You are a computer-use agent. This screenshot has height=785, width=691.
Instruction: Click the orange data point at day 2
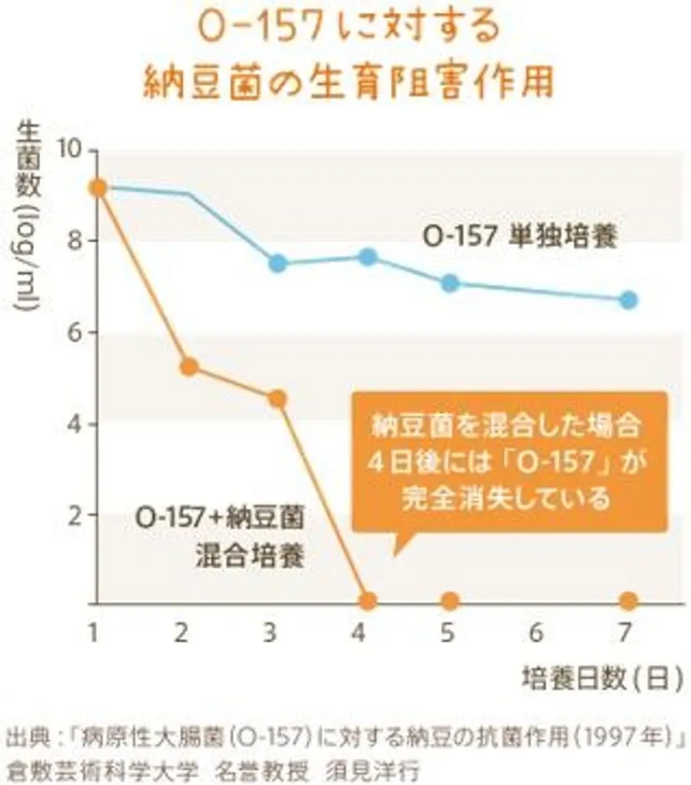189,366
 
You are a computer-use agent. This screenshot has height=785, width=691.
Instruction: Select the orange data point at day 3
277,399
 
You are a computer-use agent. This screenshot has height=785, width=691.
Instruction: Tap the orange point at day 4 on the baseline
367,600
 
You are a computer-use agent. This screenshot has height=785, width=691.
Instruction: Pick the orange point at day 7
628,600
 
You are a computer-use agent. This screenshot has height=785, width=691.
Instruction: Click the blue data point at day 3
277,263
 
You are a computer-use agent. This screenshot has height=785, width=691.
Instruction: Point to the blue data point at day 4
368,257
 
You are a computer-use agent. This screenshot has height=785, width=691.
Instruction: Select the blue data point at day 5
450,283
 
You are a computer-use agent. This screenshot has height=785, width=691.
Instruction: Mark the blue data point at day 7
628,300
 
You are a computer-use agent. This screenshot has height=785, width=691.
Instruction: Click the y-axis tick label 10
70,150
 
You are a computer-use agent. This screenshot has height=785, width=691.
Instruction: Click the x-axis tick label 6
537,634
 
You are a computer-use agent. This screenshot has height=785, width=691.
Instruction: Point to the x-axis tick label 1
93,634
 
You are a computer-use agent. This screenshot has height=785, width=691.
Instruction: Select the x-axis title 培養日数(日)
598,679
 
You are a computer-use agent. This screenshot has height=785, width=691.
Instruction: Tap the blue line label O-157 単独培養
519,236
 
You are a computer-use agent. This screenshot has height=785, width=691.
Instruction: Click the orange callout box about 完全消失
509,463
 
